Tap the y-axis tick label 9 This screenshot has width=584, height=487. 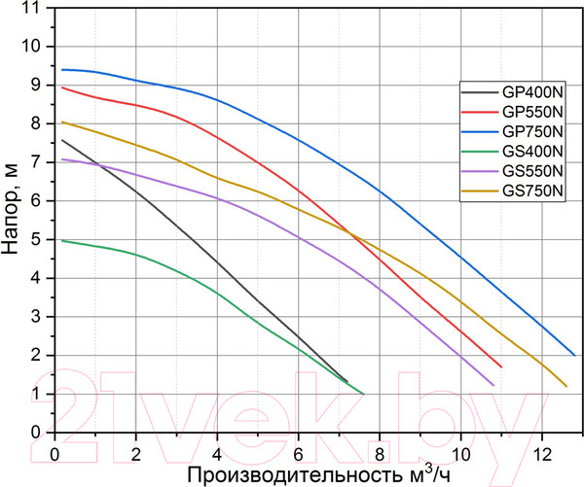tap(38, 85)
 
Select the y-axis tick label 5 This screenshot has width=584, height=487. tap(38, 239)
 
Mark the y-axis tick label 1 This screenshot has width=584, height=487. tap(38, 394)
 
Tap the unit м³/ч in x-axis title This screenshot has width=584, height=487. tap(429, 474)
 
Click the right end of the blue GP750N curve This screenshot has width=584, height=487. tap(575, 355)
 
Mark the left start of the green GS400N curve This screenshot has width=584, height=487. tap(62, 240)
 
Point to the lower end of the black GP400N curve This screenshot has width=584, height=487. tap(347, 381)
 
